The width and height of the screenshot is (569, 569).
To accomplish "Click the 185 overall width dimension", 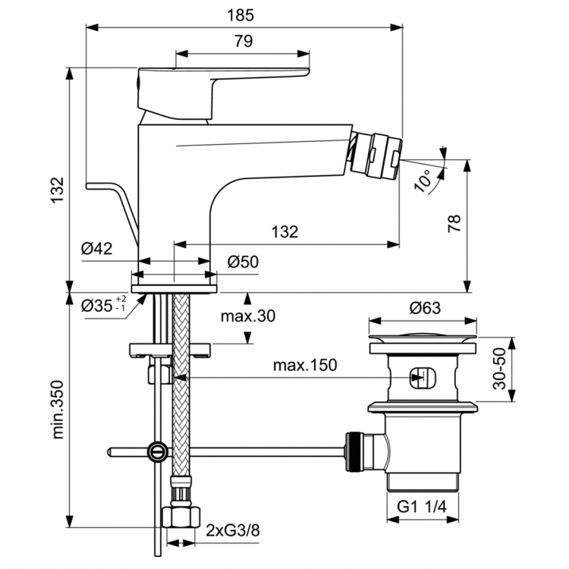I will [x=243, y=14].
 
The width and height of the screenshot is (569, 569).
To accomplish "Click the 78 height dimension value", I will [x=453, y=223].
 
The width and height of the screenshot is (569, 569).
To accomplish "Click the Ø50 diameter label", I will [x=244, y=262].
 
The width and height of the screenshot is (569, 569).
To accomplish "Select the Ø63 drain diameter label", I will [x=426, y=307].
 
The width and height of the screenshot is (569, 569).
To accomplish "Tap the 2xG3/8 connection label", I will [x=231, y=530].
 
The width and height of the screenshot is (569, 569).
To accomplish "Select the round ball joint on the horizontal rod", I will [x=157, y=452].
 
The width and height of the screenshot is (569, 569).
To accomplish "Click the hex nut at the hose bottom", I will [x=179, y=519].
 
